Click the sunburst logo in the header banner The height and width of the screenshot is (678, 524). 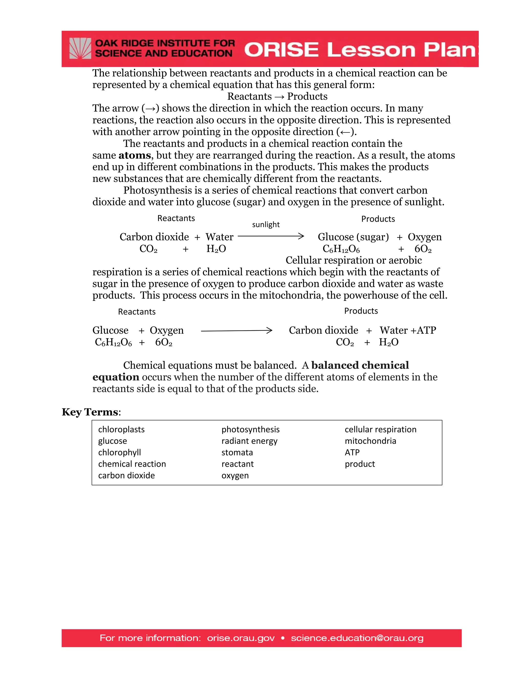point(80,48)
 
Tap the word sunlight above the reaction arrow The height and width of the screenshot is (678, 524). point(266,224)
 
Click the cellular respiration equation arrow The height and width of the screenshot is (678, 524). point(237,331)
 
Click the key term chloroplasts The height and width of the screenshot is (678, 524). point(121,429)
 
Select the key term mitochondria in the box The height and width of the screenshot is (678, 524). point(370,441)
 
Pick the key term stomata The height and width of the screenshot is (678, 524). point(237,452)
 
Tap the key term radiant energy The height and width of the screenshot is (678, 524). point(249,441)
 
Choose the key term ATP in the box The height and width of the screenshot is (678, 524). point(352,452)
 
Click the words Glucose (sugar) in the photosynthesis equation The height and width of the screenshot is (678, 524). point(353,237)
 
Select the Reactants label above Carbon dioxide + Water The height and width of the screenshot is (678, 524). point(176,218)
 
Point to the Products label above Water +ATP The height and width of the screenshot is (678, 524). point(361,311)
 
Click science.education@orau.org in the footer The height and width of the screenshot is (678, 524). point(357,638)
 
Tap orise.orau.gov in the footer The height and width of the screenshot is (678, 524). point(241,638)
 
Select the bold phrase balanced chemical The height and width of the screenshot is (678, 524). point(360,365)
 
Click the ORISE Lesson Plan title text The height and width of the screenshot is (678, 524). point(360,50)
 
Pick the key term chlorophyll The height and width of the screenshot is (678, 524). point(119,452)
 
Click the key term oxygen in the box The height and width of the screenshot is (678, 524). point(235,475)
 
